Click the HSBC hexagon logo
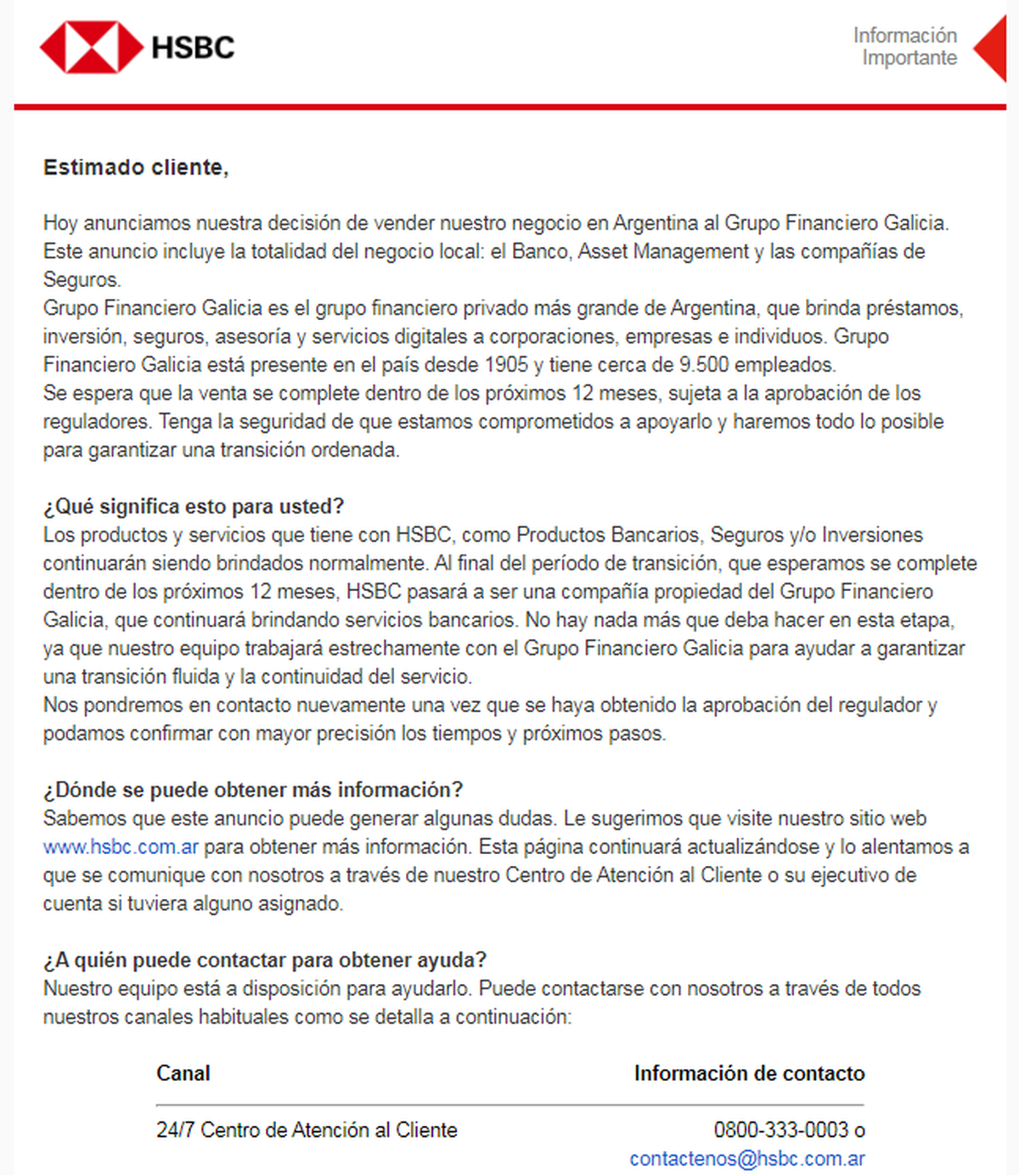[92, 47]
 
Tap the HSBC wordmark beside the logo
[193, 48]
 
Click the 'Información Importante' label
[905, 47]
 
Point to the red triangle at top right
[991, 48]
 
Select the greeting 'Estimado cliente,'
[136, 167]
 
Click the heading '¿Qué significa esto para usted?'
[194, 506]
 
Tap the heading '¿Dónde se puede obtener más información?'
[253, 790]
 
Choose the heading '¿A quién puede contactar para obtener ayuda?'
[265, 960]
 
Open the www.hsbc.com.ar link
[121, 846]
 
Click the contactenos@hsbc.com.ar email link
[747, 1159]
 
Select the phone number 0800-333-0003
[781, 1130]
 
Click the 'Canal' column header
[183, 1073]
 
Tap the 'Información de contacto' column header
[749, 1073]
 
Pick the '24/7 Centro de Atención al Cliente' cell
[307, 1130]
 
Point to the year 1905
[506, 365]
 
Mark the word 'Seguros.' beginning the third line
[82, 279]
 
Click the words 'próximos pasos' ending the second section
[594, 734]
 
